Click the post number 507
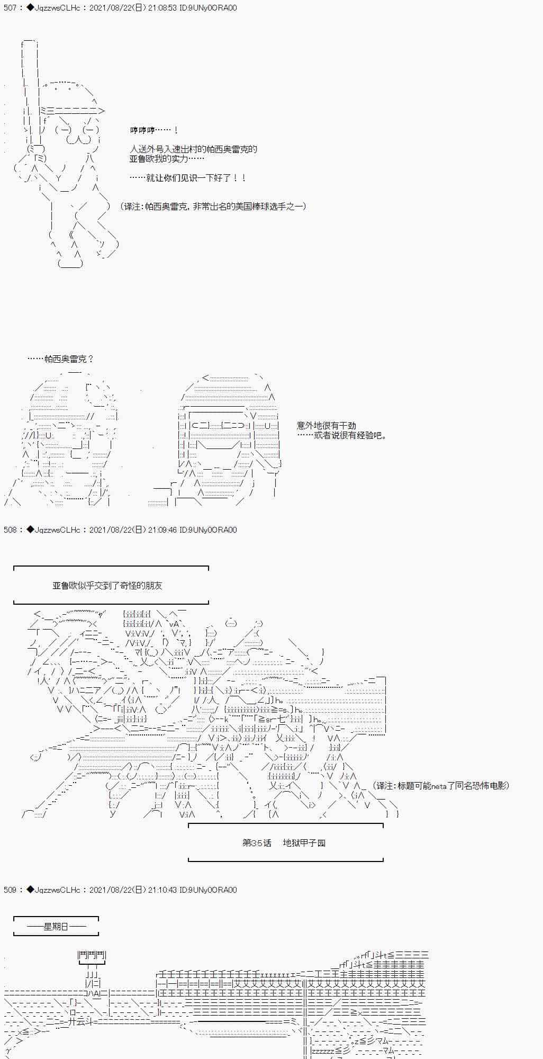pos(10,8)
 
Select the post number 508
pos(10,529)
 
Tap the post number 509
pos(10,890)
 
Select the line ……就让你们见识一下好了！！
pos(187,178)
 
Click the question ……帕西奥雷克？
pos(60,359)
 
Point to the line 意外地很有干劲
pos(326,425)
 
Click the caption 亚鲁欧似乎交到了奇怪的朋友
pos(107,585)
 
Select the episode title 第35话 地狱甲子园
pos(284,842)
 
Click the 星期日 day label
pos(56,926)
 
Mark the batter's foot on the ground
pos(70,263)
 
